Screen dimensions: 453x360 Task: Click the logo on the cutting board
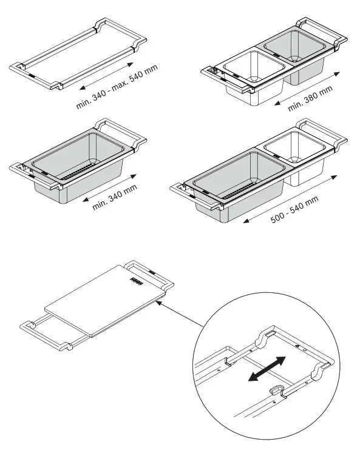(134, 280)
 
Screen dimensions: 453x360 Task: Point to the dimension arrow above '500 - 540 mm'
(291, 197)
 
